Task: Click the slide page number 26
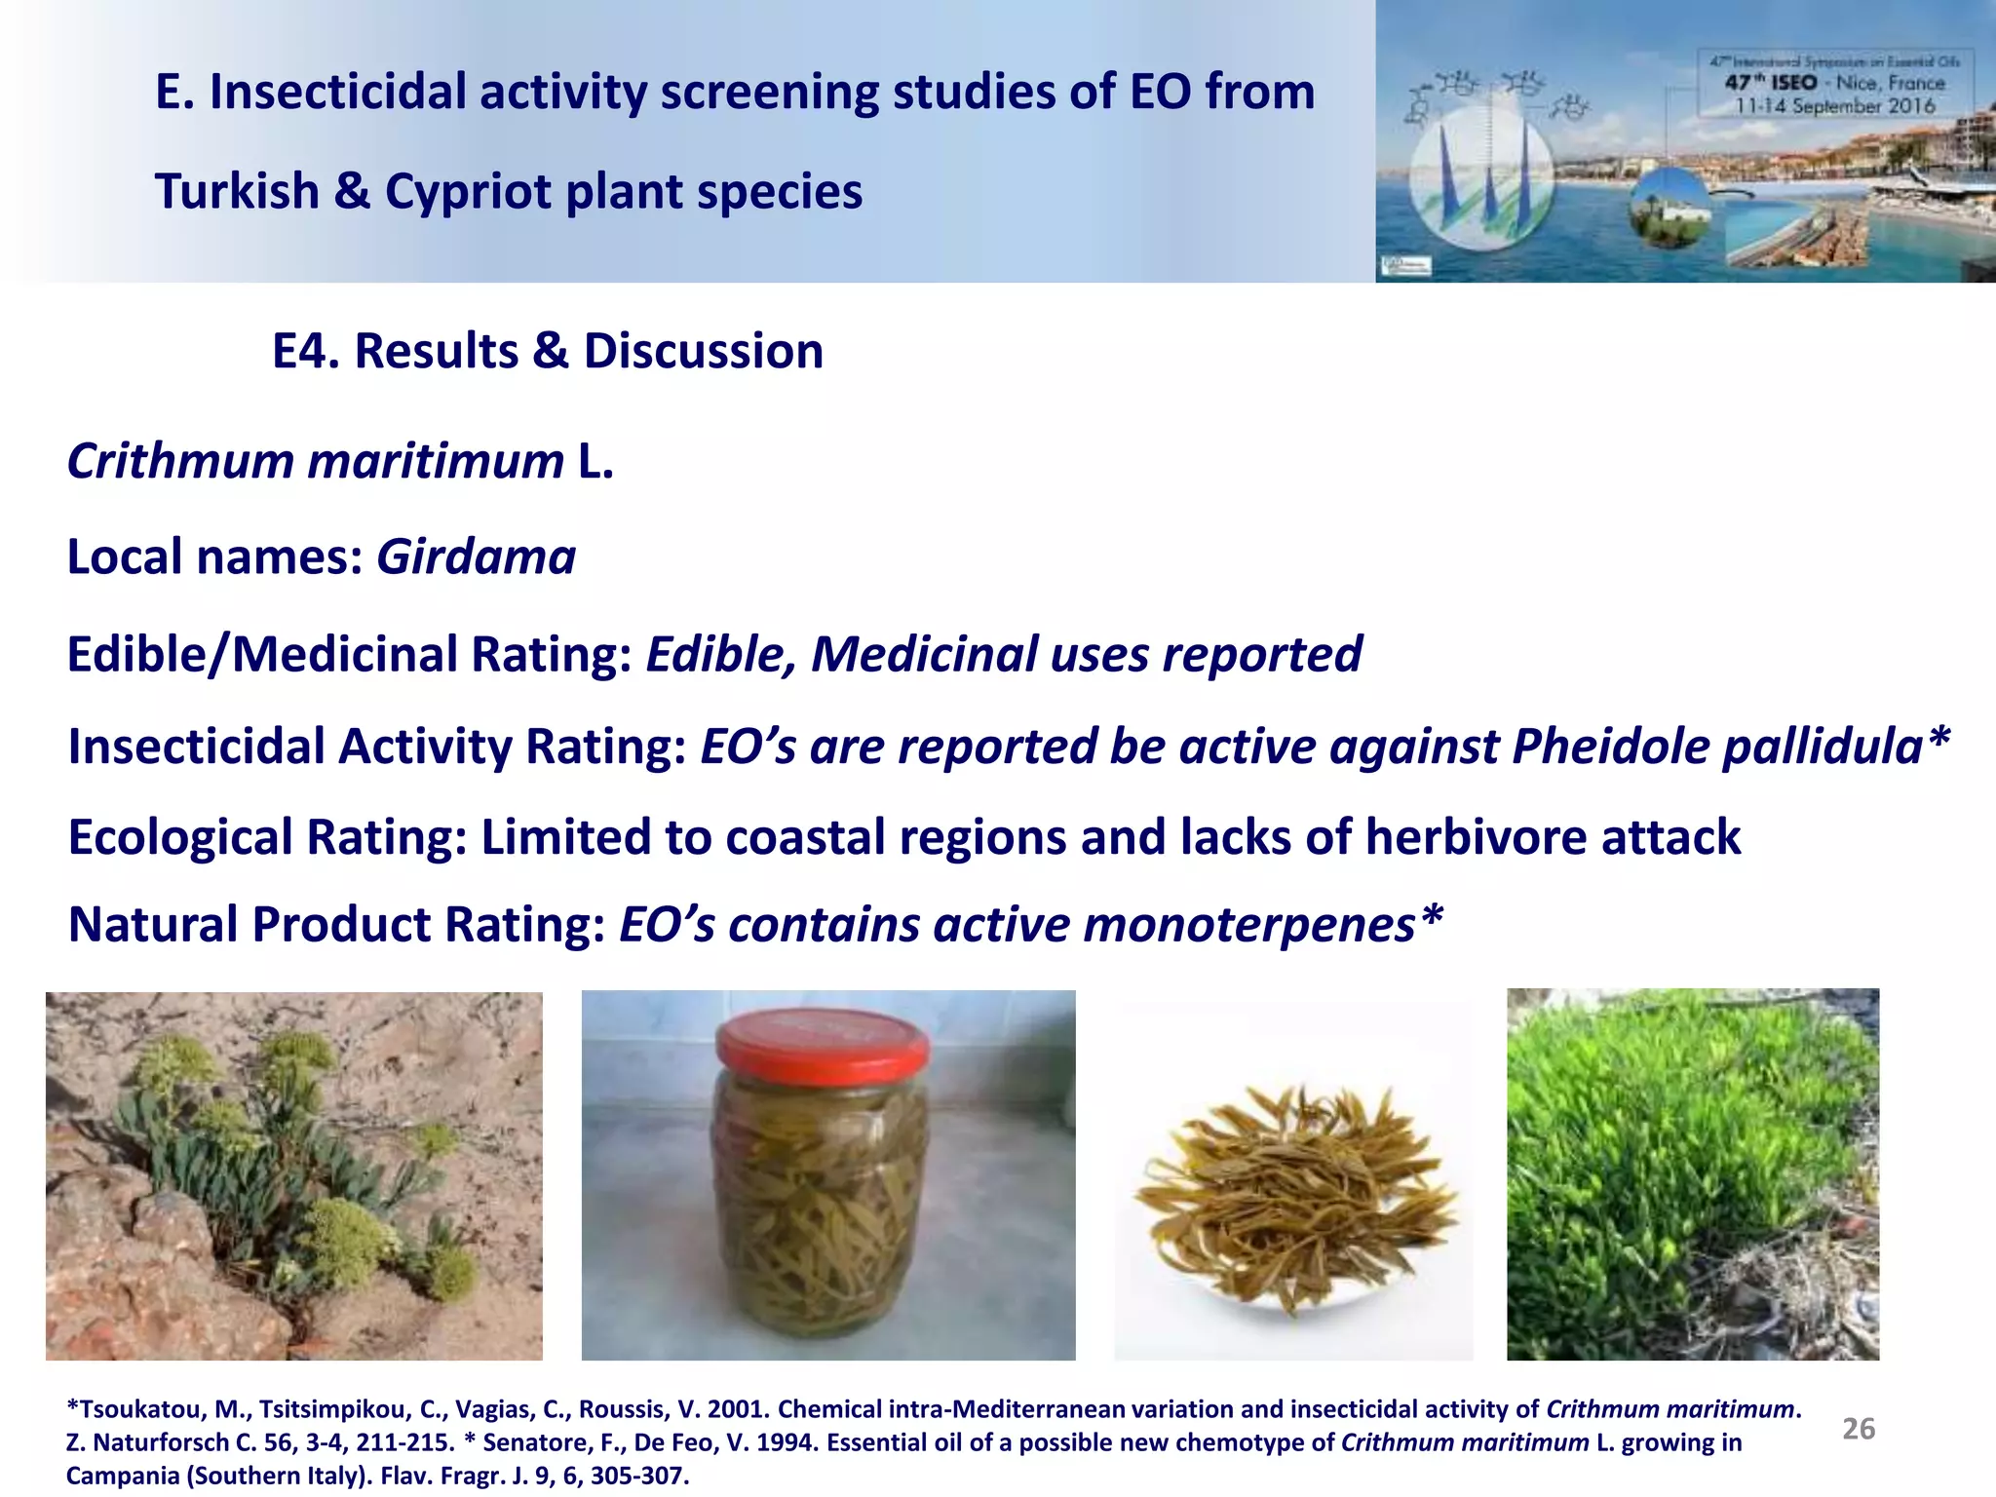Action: (1858, 1429)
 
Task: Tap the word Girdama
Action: (476, 557)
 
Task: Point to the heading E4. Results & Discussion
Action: (547, 351)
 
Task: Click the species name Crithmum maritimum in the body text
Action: (315, 461)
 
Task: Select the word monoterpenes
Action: (1248, 925)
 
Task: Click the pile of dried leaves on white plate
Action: (1293, 1199)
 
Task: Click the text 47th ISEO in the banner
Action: (1770, 83)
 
